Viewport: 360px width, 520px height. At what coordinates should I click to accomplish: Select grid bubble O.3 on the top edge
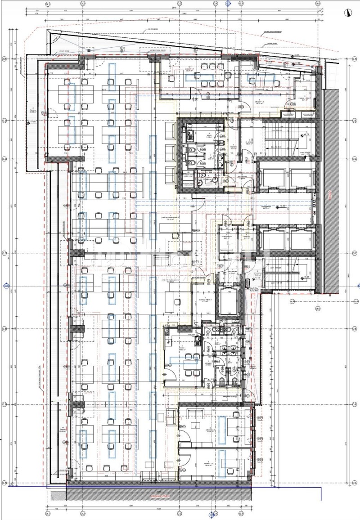coord(179,4)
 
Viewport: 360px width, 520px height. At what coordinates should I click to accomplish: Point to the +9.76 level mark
coord(306,134)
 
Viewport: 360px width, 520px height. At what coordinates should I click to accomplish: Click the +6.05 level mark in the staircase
coord(306,277)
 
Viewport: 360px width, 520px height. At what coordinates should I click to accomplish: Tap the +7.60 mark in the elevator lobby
coord(283,206)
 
